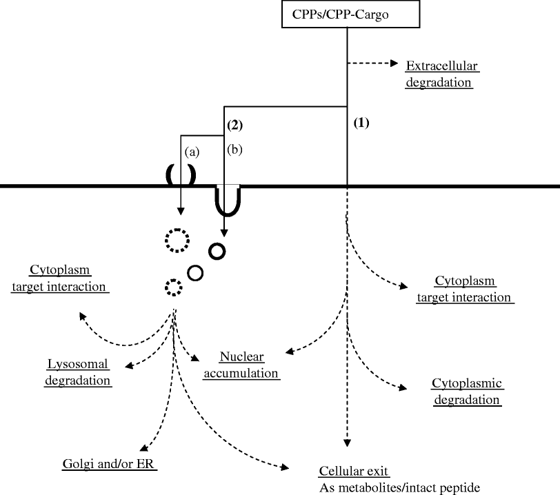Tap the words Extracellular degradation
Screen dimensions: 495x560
[x=441, y=74]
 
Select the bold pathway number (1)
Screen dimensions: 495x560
[x=361, y=124]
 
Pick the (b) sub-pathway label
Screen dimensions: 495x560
[x=235, y=148]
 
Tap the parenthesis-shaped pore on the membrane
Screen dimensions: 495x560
[x=179, y=175]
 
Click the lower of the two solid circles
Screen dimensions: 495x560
[x=195, y=273]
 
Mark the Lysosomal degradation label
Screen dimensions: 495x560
[x=78, y=371]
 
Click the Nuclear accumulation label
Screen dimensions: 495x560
[x=249, y=365]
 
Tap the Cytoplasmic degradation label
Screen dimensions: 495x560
[x=466, y=391]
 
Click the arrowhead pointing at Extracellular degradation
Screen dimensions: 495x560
[x=395, y=64]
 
